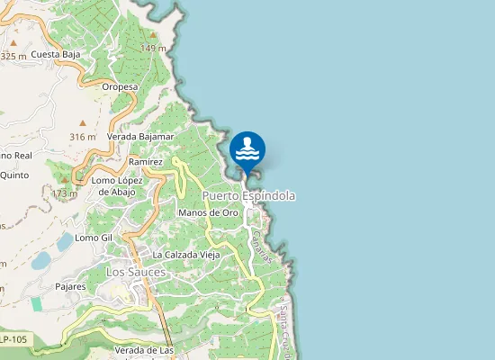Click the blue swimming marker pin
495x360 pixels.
(x=247, y=149)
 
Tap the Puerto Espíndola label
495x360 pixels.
(x=248, y=195)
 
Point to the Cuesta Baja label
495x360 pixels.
(x=56, y=55)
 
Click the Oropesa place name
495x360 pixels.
(x=119, y=87)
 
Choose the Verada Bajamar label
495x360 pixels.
(x=139, y=137)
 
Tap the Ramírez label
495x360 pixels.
(x=144, y=161)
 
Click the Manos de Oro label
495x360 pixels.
(x=208, y=212)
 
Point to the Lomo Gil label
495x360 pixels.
(x=93, y=238)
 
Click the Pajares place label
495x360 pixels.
(x=69, y=287)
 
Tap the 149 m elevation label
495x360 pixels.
(x=153, y=48)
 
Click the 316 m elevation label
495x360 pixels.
(x=82, y=137)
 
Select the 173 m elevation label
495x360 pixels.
(x=64, y=193)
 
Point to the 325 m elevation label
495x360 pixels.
(x=13, y=56)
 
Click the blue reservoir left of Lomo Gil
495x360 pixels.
(x=64, y=242)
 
